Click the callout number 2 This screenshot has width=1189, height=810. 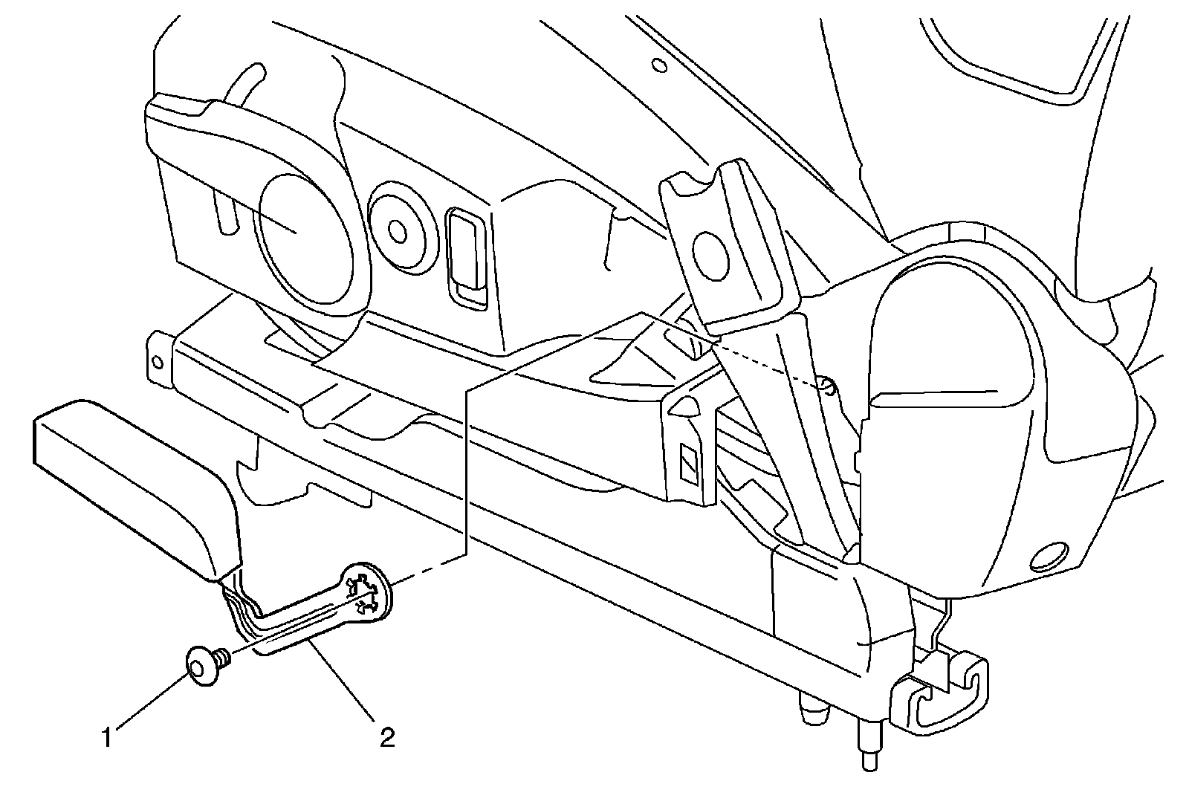tap(386, 738)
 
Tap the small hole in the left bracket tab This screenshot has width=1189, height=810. tap(157, 363)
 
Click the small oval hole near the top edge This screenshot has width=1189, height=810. tap(658, 65)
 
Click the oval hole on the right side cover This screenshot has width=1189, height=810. tap(1049, 556)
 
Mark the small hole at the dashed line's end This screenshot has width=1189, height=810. tap(827, 385)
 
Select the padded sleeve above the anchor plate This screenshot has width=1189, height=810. tap(134, 482)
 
